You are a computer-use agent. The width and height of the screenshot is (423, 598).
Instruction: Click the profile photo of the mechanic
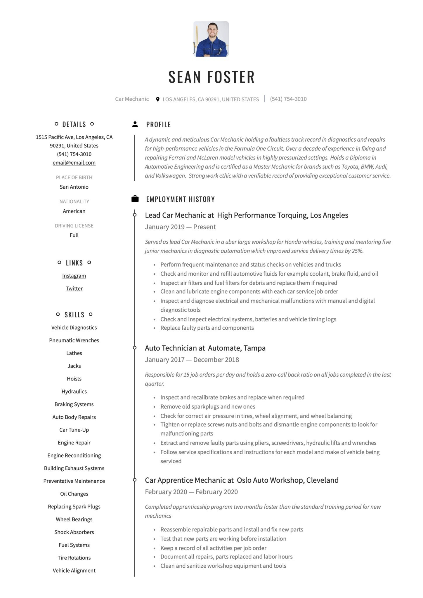tap(211, 39)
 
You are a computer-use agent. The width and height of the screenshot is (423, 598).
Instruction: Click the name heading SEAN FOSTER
tap(211, 77)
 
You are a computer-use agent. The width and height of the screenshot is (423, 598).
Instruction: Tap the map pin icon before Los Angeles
tap(158, 99)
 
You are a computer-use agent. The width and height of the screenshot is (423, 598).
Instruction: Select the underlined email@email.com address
tap(74, 163)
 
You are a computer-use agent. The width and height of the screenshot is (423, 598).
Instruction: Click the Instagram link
tap(74, 276)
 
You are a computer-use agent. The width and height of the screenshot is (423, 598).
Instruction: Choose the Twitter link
tap(74, 288)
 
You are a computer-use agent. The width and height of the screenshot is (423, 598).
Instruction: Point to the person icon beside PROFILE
tap(135, 124)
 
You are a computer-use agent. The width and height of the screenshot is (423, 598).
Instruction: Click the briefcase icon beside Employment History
tap(135, 199)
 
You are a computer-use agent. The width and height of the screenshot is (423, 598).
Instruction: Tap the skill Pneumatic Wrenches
tap(74, 340)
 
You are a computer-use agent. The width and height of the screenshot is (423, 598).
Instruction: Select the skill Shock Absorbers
tap(74, 532)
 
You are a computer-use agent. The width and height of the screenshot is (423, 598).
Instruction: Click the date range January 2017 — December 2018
tap(192, 360)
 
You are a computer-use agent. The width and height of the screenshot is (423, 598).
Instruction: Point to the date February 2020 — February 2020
tap(191, 492)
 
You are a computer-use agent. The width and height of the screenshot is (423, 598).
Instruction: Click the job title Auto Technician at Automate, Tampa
tap(205, 348)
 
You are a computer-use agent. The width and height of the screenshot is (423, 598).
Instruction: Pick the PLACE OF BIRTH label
tap(74, 177)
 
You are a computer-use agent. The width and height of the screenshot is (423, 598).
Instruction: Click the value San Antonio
tap(74, 187)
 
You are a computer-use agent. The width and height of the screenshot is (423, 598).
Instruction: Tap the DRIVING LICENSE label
tap(74, 226)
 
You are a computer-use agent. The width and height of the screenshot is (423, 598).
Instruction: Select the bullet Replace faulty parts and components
tap(207, 328)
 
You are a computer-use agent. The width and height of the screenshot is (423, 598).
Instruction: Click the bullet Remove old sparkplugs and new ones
tap(208, 406)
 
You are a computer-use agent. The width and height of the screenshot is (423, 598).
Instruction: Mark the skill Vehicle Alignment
tap(74, 571)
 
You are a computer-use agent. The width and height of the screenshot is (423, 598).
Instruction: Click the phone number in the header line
tap(288, 99)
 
